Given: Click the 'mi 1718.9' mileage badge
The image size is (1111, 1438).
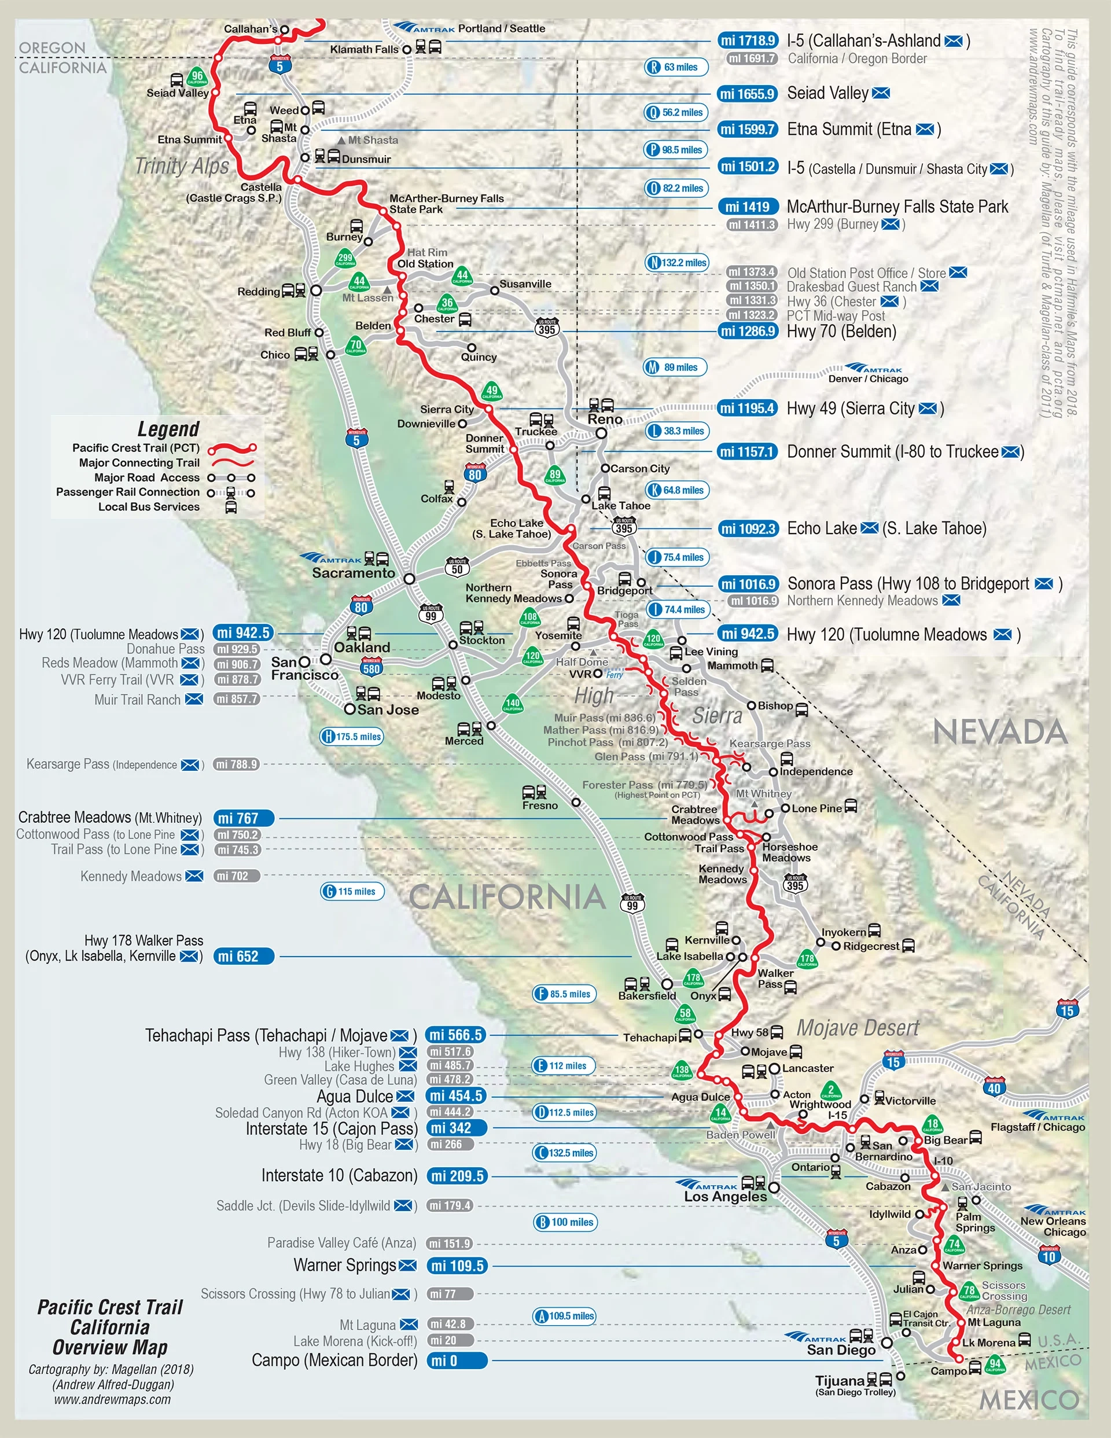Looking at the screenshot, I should tap(748, 41).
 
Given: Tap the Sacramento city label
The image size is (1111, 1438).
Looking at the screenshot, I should tap(353, 573).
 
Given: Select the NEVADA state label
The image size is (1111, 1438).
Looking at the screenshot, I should tap(1000, 732).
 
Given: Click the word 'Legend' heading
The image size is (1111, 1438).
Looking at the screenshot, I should tap(168, 429).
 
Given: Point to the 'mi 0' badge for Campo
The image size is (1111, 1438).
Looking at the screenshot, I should tap(456, 1360).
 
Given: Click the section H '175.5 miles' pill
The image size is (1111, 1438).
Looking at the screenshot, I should tap(352, 737).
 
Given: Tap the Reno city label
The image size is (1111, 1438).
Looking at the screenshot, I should tap(605, 420).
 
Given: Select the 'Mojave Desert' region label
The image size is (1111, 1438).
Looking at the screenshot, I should tap(858, 1028).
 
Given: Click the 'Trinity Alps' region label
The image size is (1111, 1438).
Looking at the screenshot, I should tap(182, 166).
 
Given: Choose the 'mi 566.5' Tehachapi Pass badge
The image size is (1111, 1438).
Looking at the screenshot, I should tap(456, 1035).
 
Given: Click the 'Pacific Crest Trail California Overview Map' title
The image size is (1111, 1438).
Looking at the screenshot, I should tap(110, 1327).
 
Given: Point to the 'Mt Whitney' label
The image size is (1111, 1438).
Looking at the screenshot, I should tap(763, 793).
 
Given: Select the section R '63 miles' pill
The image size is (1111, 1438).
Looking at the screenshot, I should tap(676, 67).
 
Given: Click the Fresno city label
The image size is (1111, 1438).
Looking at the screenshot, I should tap(539, 806).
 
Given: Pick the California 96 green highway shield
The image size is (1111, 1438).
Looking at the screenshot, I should tap(197, 76).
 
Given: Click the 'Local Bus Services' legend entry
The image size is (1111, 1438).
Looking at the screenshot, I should tap(149, 507).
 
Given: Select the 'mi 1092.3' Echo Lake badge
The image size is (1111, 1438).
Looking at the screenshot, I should tap(748, 529).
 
